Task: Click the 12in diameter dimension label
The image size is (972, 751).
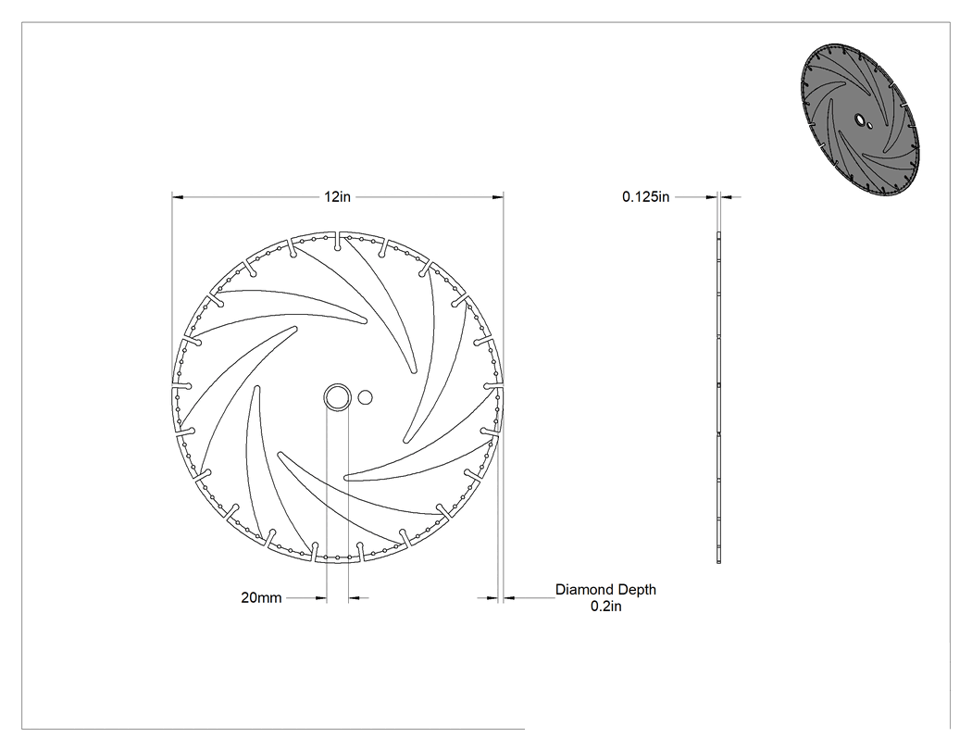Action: [337, 196]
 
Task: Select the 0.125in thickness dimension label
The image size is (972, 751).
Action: [646, 196]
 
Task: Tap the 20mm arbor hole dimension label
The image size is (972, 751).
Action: [261, 598]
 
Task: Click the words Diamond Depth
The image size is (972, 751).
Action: [605, 590]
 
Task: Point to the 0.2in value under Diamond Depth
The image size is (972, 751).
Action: [605, 607]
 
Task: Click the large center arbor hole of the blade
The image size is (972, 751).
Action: [337, 397]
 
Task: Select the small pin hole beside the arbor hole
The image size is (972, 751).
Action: [365, 397]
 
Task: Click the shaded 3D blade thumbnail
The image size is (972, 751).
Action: [860, 120]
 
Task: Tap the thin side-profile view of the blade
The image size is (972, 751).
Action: [719, 397]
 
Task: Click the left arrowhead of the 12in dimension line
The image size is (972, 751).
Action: [178, 197]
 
